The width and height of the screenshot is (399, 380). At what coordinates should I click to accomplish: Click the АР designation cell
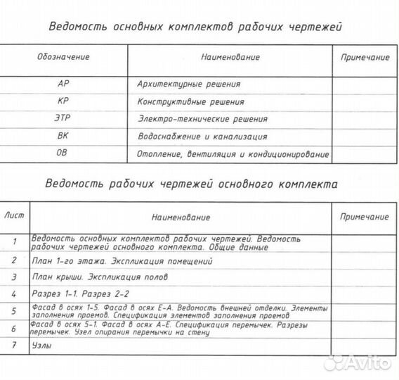pos(63,84)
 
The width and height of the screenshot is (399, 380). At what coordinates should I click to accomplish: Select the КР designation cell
pos(63,101)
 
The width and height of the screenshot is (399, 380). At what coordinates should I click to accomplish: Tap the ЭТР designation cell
pos(63,119)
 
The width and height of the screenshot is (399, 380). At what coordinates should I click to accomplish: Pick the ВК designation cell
pos(63,137)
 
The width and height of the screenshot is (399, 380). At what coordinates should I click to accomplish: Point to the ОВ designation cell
pos(63,153)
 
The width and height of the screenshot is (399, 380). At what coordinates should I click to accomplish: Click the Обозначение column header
pos(63,56)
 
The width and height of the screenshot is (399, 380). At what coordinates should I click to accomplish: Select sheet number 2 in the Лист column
pos(14,260)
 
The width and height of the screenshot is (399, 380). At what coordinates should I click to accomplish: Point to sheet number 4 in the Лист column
pos(14,293)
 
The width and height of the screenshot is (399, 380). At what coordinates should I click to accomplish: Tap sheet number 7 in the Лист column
pos(14,346)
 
